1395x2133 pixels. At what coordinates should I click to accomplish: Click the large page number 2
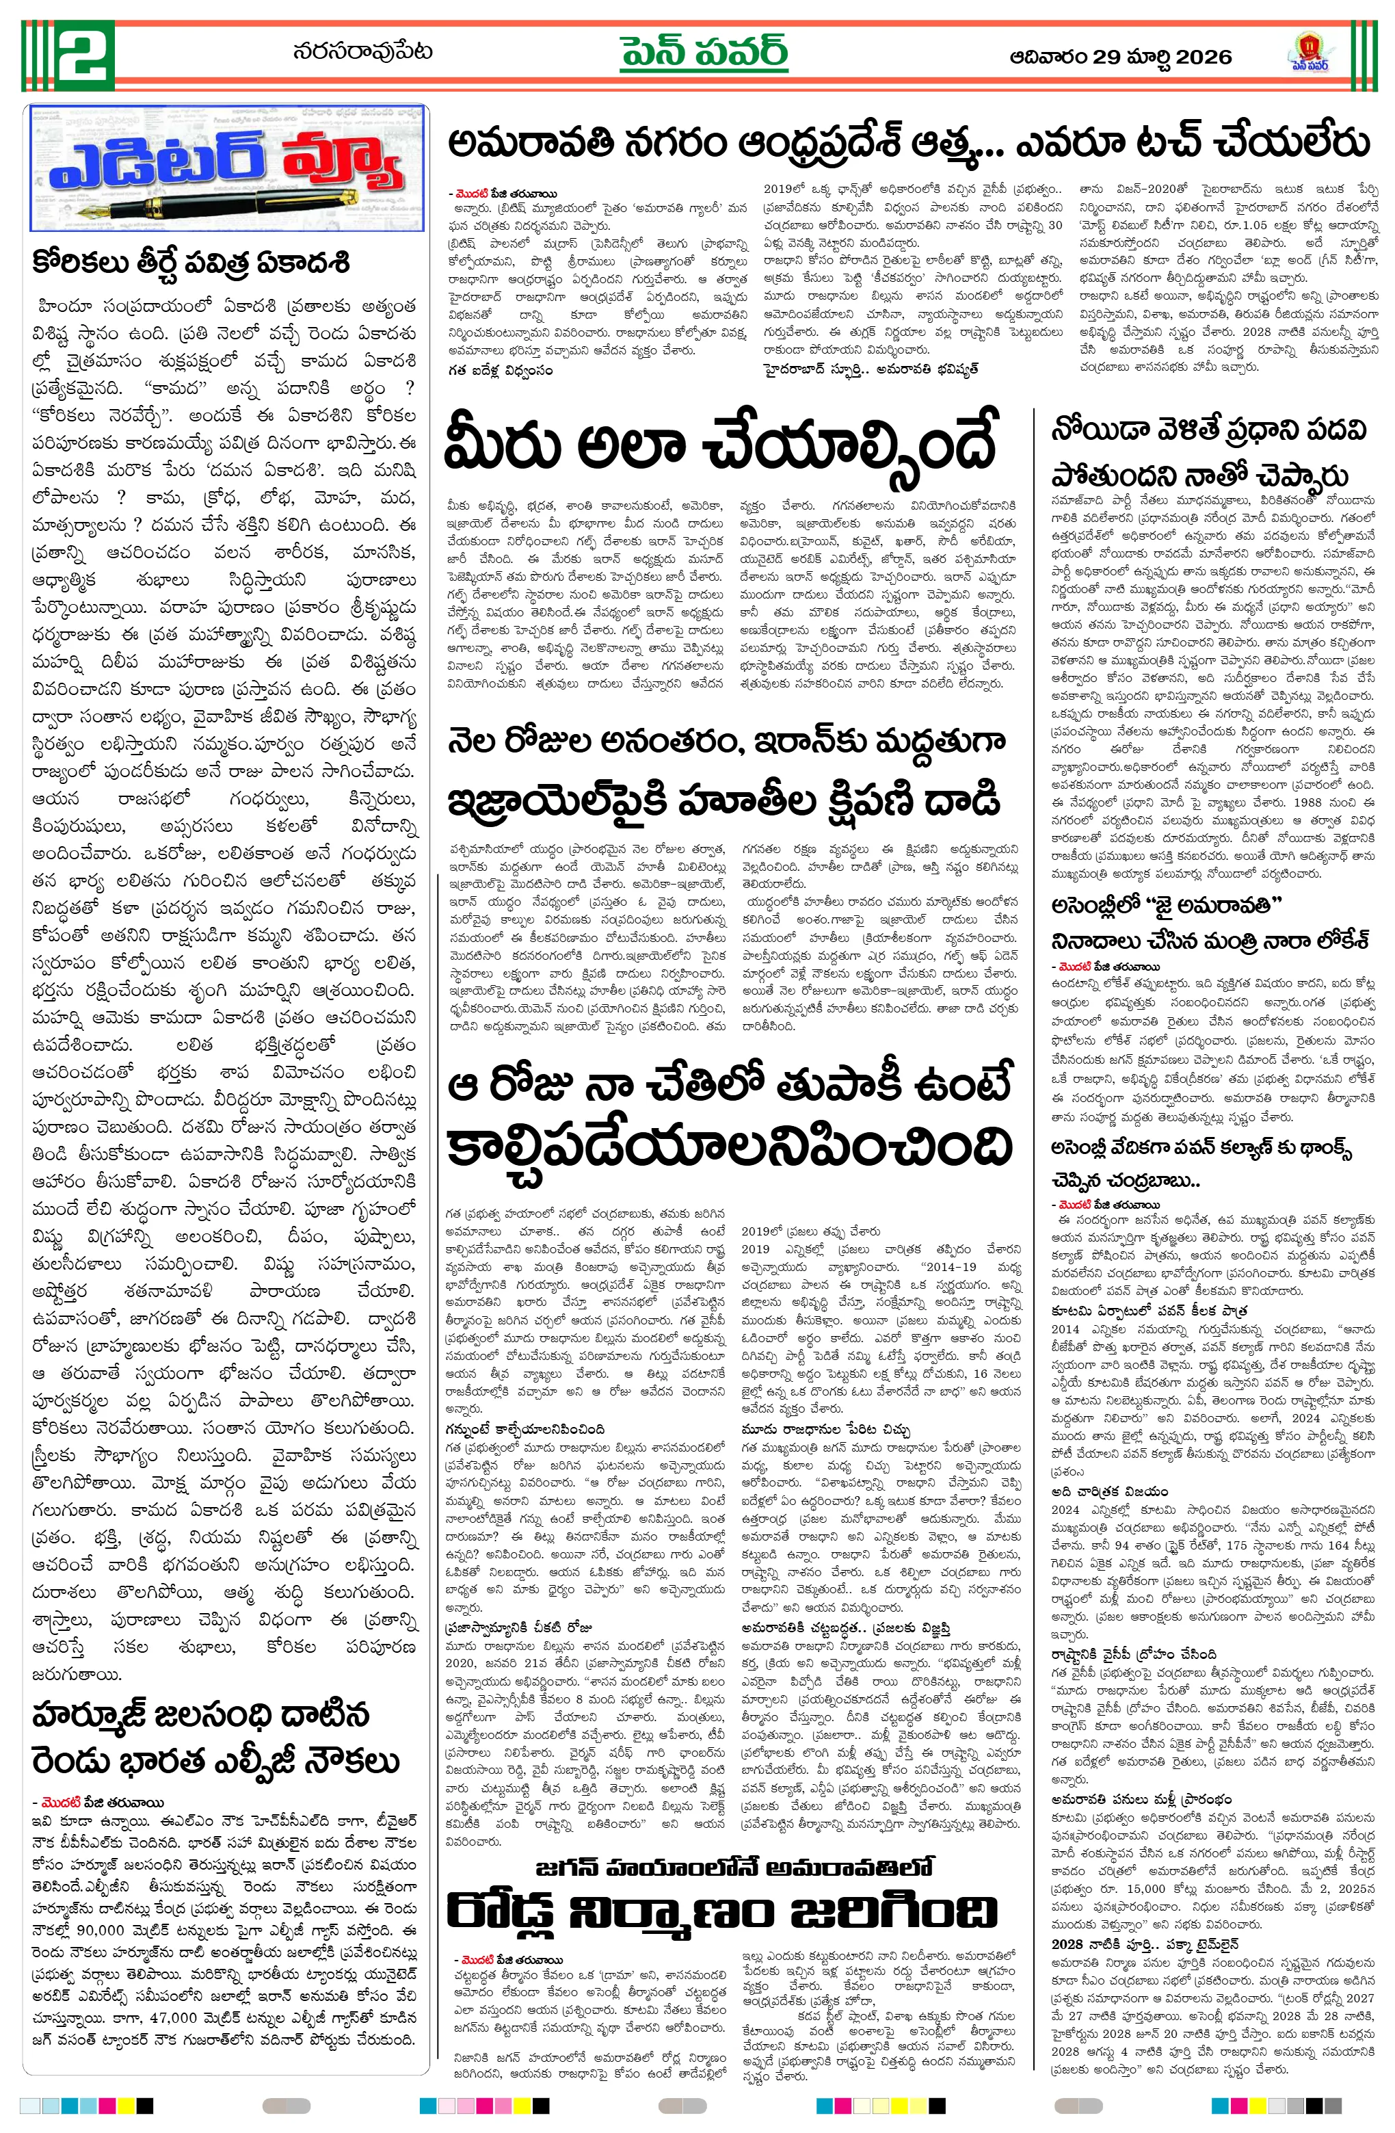point(84,55)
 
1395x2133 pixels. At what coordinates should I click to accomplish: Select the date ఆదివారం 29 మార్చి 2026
point(1120,57)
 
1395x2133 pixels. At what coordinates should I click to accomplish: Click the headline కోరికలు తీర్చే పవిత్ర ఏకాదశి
point(190,263)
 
